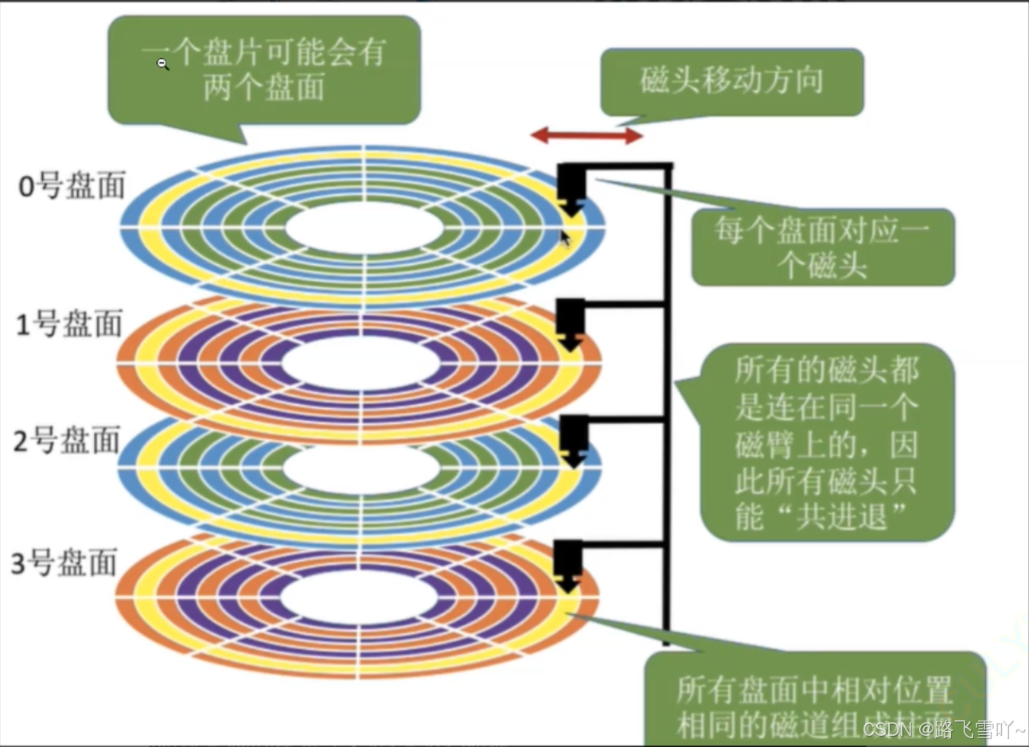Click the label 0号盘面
coord(72,186)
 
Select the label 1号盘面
coord(70,325)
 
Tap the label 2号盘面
coord(68,441)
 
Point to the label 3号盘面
coord(64,563)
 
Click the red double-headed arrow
coord(587,136)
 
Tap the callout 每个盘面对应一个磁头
coord(822,247)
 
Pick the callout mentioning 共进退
coord(826,442)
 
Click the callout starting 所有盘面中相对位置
coord(813,701)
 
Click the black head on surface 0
coord(571,188)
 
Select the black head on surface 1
coord(570,322)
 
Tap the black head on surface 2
coord(573,439)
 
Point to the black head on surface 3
coord(568,564)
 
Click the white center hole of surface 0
coord(364,228)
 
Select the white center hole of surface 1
coord(361,364)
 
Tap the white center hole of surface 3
coord(357,596)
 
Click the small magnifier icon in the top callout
coord(162,64)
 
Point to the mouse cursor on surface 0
coord(565,238)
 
